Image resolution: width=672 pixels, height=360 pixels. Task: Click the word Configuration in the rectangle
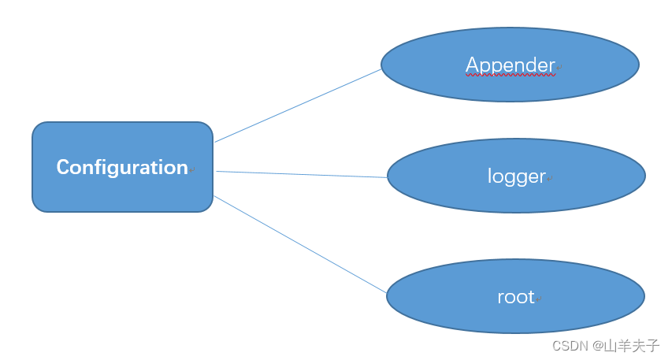[122, 167]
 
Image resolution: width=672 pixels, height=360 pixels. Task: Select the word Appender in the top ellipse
[510, 65]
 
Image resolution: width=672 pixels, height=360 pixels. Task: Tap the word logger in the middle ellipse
[516, 176]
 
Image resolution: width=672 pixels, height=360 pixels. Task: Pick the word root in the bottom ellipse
[515, 297]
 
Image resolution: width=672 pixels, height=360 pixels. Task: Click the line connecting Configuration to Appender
[298, 106]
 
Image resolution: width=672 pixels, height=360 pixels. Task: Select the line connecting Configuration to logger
[302, 174]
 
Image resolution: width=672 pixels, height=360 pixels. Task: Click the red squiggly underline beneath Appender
[510, 77]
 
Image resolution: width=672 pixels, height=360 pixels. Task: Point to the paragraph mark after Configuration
[192, 169]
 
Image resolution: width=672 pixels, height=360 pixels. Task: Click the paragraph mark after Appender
[559, 68]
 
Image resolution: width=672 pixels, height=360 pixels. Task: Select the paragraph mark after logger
[551, 179]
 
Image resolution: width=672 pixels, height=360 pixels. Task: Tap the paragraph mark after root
[539, 299]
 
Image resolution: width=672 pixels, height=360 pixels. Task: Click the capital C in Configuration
[62, 167]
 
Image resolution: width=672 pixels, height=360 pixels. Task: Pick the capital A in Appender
[473, 65]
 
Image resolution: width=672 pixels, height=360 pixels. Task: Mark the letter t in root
[531, 297]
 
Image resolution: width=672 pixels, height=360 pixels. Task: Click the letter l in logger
[490, 176]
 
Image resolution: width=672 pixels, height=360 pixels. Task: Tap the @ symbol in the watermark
[598, 346]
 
